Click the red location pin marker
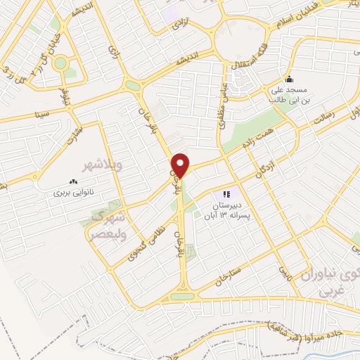pos(181,166)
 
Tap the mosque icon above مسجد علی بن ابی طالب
pos(289,79)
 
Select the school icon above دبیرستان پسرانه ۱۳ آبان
pos(226,194)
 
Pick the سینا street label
pos(44,111)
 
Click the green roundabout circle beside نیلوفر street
pos(60,63)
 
